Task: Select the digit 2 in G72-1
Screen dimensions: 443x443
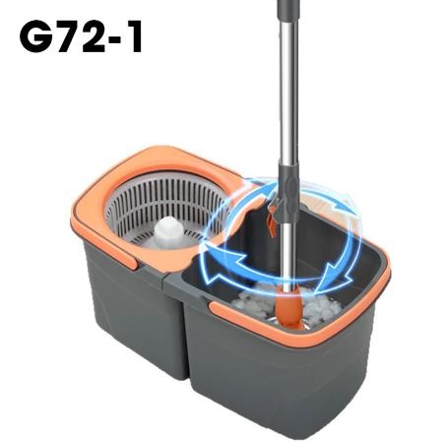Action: pos(95,35)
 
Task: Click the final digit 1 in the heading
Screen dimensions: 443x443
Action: pos(135,35)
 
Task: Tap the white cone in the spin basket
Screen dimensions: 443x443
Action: pos(169,231)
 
